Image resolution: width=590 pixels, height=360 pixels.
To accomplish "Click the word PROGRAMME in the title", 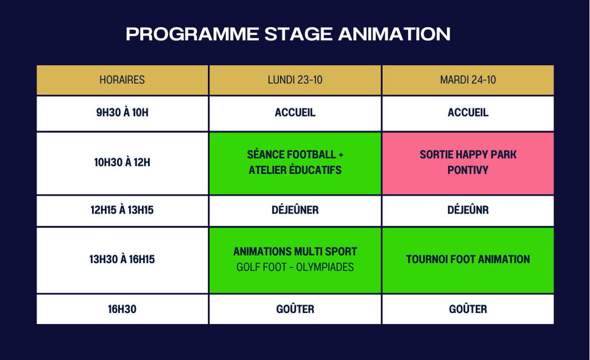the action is click(x=192, y=34).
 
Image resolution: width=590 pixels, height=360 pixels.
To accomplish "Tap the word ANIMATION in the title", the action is click(x=394, y=34).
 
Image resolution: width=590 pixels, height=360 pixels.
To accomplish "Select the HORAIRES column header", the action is click(x=122, y=80).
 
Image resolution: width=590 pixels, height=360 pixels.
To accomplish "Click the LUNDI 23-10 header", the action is click(x=295, y=80).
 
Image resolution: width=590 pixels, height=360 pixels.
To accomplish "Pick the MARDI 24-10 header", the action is click(x=468, y=80).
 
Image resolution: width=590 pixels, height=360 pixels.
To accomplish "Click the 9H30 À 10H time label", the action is click(x=122, y=113).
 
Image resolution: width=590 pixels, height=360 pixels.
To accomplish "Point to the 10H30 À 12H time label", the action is click(x=122, y=162).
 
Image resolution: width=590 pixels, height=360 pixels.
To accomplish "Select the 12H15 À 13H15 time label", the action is click(x=122, y=210).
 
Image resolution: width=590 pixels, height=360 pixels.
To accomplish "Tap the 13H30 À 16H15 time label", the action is click(x=122, y=259).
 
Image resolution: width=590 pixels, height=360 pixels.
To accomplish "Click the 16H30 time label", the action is click(x=122, y=309).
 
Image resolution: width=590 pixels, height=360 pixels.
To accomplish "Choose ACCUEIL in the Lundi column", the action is click(x=295, y=113).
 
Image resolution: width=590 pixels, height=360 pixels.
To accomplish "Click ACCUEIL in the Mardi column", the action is click(x=468, y=113).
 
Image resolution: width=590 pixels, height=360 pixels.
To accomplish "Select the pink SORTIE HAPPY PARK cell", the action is click(x=468, y=163).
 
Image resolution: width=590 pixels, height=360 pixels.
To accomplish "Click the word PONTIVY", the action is click(x=468, y=170).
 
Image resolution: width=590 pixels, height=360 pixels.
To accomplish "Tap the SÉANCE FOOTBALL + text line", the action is click(x=295, y=155).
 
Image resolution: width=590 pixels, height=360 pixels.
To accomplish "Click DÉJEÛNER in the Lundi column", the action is click(x=295, y=210).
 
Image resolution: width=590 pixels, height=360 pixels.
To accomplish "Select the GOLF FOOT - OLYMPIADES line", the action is click(x=295, y=267).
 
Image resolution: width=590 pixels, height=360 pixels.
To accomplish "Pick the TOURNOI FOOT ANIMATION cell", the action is click(x=468, y=260).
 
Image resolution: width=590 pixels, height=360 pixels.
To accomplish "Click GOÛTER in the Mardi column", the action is click(x=468, y=309).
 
